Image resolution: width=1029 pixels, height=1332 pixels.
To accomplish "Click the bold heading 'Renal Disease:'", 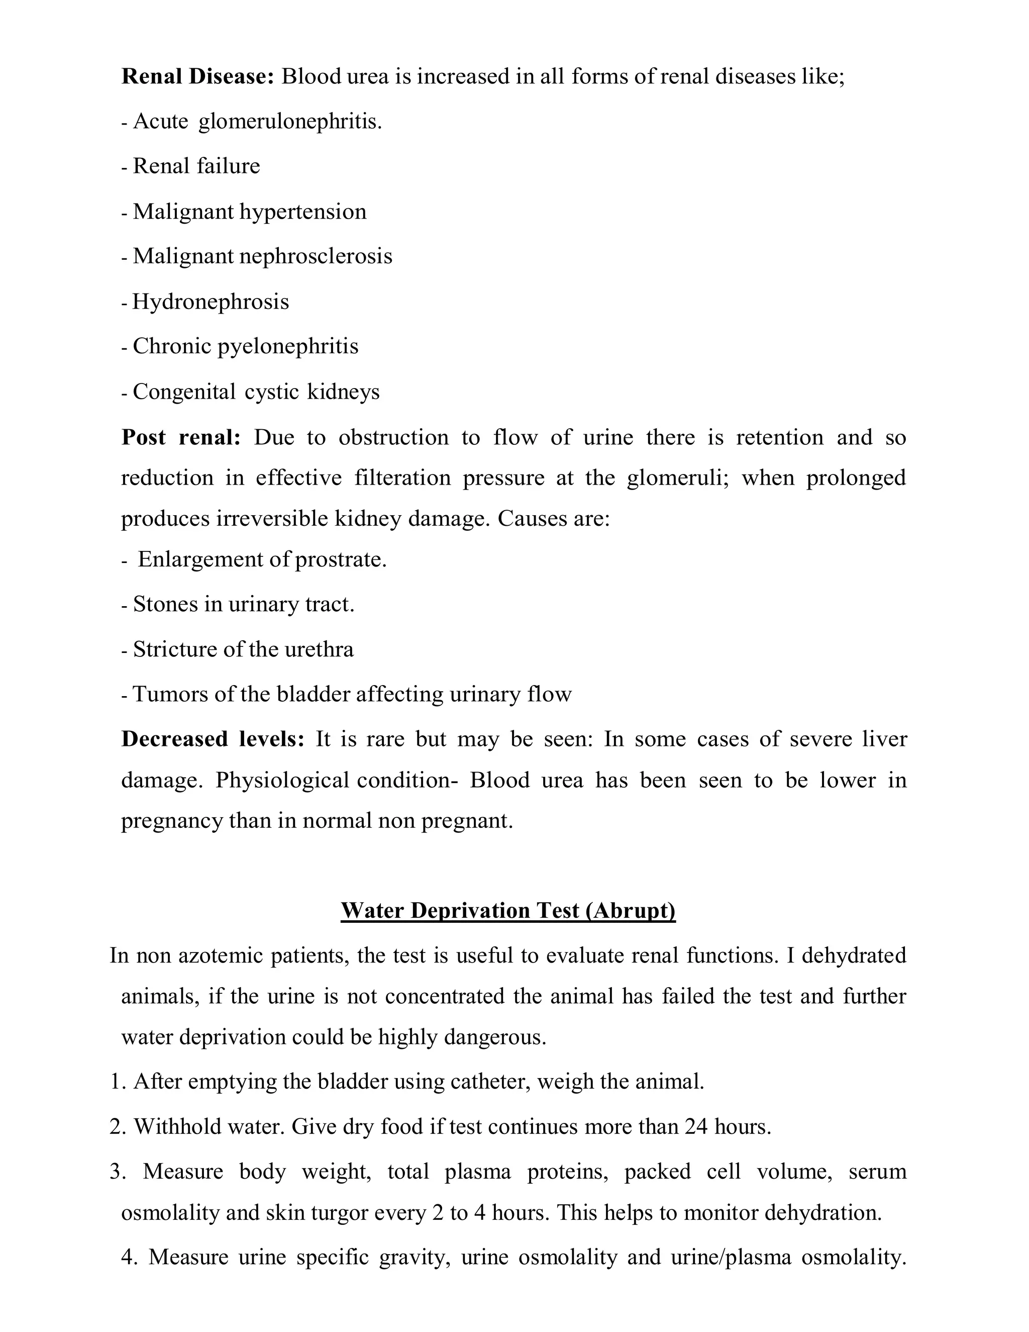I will (x=197, y=77).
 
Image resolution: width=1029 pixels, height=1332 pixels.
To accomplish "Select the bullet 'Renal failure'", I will (x=196, y=166).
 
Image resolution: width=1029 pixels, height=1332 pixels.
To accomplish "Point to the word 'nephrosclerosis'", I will (x=316, y=256).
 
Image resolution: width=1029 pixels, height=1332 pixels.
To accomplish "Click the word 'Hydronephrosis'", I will (x=211, y=302).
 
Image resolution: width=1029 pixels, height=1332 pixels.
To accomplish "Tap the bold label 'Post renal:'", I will (x=181, y=437).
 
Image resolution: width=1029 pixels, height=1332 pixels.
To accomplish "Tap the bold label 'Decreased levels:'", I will (x=213, y=739).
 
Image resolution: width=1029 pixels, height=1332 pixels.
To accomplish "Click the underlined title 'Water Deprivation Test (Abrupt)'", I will (x=508, y=911).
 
